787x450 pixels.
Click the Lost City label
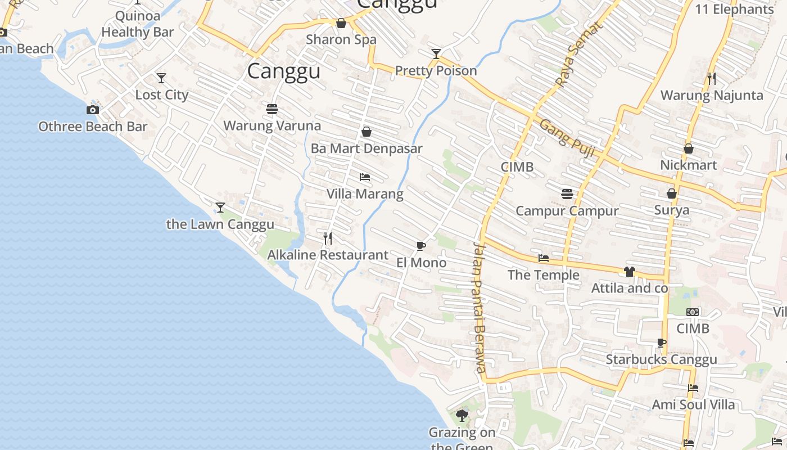click(x=162, y=94)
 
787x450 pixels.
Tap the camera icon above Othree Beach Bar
click(x=93, y=110)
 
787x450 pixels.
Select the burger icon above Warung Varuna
click(x=272, y=109)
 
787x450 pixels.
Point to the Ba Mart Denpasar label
click(x=367, y=148)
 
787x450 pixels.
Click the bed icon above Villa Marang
click(x=365, y=177)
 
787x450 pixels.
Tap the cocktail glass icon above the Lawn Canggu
click(x=220, y=208)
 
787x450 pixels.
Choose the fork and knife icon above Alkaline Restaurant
click(x=328, y=238)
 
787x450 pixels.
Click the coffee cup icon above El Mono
click(x=420, y=246)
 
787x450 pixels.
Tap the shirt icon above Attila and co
click(x=629, y=272)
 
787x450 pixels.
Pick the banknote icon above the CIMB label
click(x=693, y=312)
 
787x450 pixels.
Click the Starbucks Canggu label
click(x=661, y=359)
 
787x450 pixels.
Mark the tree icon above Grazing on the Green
click(x=462, y=416)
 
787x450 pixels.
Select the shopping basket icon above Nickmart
click(x=689, y=148)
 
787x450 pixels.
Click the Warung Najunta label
click(x=712, y=95)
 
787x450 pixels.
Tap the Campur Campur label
click(x=567, y=211)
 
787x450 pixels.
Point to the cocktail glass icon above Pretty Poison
click(x=436, y=54)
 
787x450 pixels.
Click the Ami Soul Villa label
click(x=693, y=404)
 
